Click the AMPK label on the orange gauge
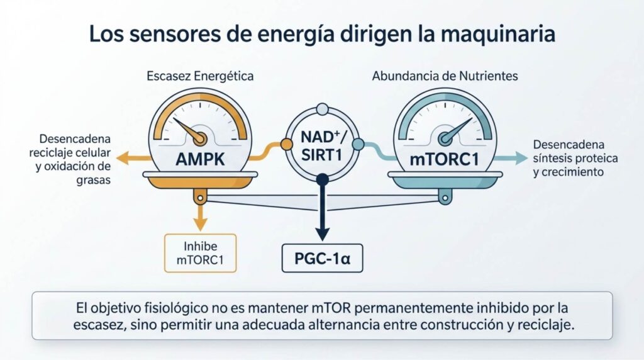click(x=200, y=159)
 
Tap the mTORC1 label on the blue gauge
click(x=445, y=159)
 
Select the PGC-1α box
click(x=323, y=258)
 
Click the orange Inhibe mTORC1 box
click(x=201, y=253)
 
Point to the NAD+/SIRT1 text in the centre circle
click(x=322, y=145)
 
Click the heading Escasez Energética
click(x=200, y=76)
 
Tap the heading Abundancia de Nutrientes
click(x=445, y=76)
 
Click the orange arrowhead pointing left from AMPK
click(x=123, y=158)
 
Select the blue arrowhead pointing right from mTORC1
click(x=521, y=158)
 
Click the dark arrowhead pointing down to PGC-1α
click(x=323, y=235)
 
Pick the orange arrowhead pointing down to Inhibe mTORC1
click(x=200, y=225)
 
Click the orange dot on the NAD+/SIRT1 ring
click(x=286, y=144)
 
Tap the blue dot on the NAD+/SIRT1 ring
click(x=358, y=144)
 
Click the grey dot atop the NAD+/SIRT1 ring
click(x=323, y=109)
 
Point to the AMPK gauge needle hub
click(x=199, y=138)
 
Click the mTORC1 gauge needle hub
click(x=445, y=138)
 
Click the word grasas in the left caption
click(x=93, y=181)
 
